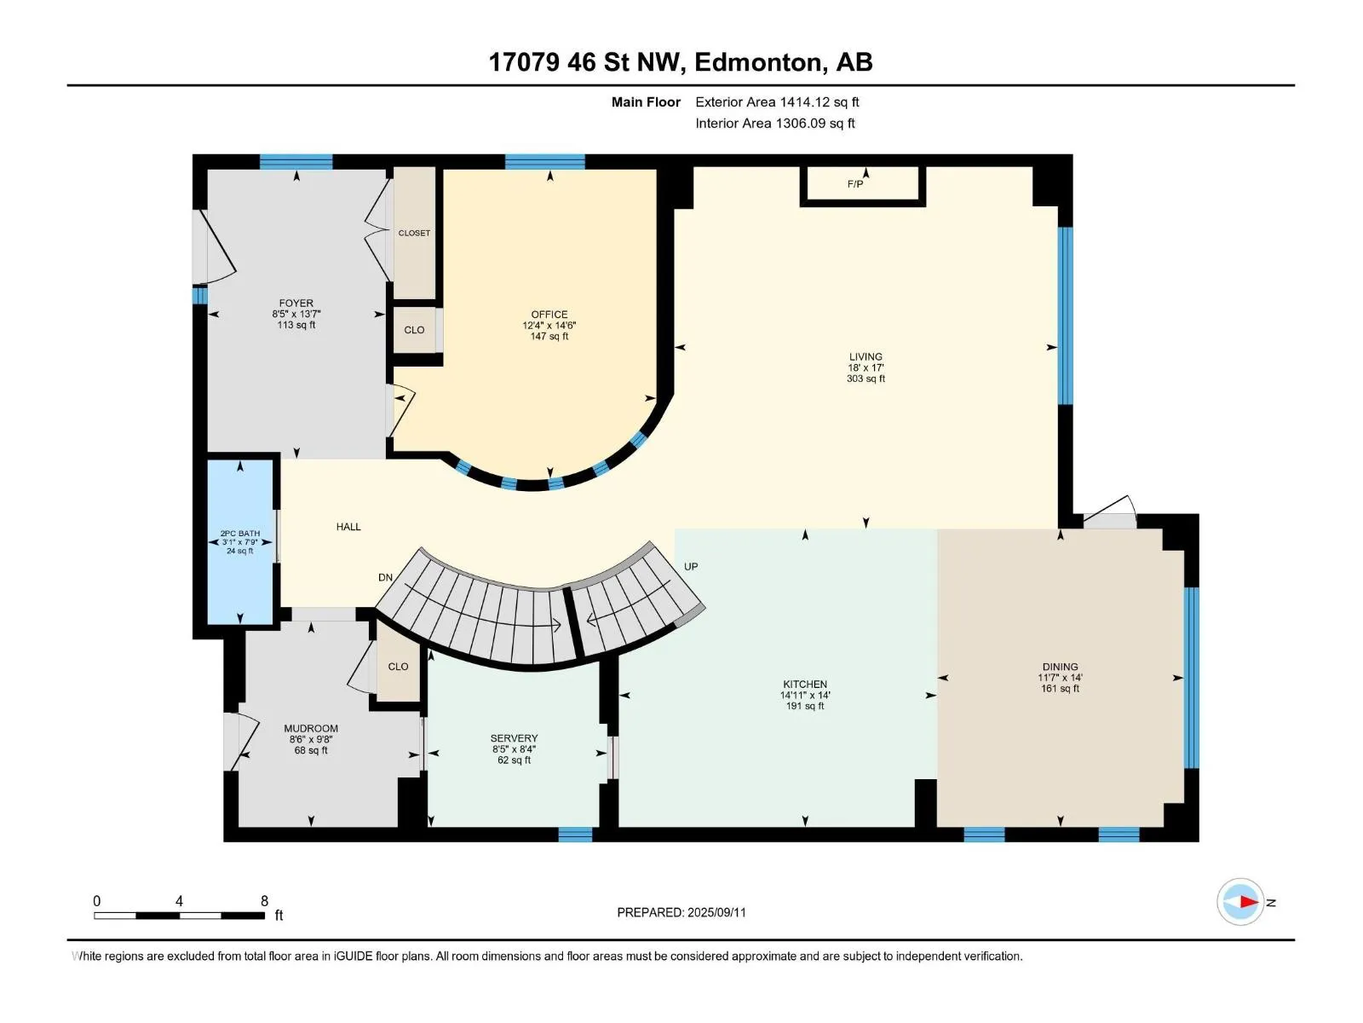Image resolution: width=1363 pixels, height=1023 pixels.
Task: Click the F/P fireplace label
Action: point(854,184)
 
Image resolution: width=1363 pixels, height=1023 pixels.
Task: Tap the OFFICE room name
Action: point(549,315)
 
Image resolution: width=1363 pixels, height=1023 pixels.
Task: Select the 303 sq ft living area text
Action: point(866,379)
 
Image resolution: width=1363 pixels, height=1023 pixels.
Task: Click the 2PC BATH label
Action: point(239,533)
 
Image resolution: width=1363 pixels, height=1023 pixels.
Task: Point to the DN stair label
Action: point(385,577)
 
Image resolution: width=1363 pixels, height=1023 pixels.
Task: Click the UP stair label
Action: point(691,566)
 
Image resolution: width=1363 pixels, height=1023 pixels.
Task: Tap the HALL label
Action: point(348,527)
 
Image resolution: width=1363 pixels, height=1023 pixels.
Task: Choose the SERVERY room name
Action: point(515,738)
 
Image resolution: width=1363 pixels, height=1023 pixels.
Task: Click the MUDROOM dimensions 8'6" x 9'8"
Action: point(311,739)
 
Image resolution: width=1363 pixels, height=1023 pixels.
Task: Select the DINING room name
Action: point(1061,667)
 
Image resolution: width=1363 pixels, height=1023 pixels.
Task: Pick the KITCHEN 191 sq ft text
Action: point(805,706)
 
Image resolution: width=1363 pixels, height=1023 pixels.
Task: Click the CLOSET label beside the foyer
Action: point(414,233)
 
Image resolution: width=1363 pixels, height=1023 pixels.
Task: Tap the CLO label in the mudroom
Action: point(398,667)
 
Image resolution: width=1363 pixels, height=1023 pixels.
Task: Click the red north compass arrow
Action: point(1247,901)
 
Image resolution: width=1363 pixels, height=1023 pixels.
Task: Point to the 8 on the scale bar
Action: point(265,900)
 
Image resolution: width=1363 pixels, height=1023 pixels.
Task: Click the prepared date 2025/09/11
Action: point(716,912)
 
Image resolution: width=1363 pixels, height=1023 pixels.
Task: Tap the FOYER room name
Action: point(296,303)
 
